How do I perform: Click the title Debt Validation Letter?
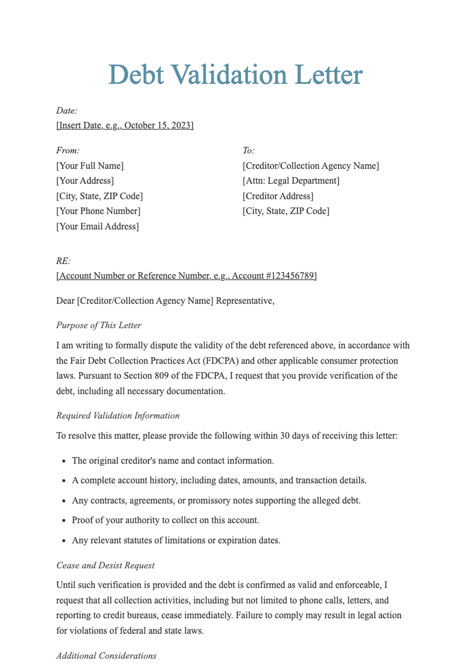[235, 75]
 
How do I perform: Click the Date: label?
[67, 110]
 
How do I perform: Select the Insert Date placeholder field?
[125, 125]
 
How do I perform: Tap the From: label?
[68, 150]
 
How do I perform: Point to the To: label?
[248, 150]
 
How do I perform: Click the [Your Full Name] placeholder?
[90, 165]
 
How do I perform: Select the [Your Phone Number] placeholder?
[98, 211]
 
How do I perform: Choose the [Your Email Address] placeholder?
[97, 226]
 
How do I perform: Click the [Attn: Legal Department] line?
[291, 180]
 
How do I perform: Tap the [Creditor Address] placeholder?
[278, 196]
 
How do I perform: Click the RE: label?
[63, 261]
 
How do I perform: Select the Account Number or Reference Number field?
[186, 276]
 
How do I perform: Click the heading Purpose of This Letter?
[99, 325]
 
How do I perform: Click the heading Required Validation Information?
[118, 415]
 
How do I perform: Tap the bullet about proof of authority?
[165, 520]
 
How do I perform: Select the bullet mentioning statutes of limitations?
[176, 540]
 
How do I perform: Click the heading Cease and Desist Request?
[105, 565]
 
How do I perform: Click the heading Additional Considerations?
[106, 656]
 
